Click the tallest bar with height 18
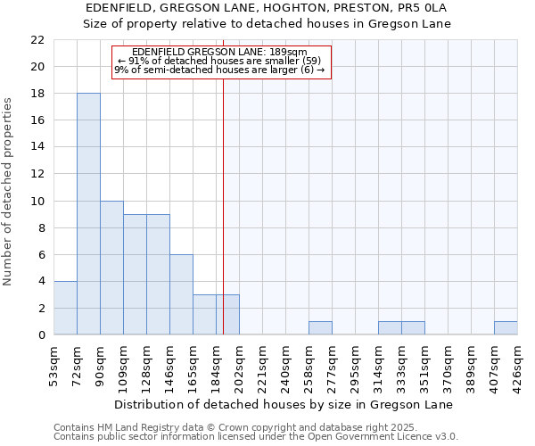[88, 214]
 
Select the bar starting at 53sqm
[65, 308]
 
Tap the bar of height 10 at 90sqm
[111, 268]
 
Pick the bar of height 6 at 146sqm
[181, 294]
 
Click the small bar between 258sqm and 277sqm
[320, 328]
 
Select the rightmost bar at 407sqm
[506, 328]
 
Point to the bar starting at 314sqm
[390, 328]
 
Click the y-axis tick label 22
[37, 40]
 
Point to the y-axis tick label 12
[37, 174]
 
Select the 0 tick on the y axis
[41, 335]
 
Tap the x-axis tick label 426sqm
[518, 364]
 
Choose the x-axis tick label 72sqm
[78, 364]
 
